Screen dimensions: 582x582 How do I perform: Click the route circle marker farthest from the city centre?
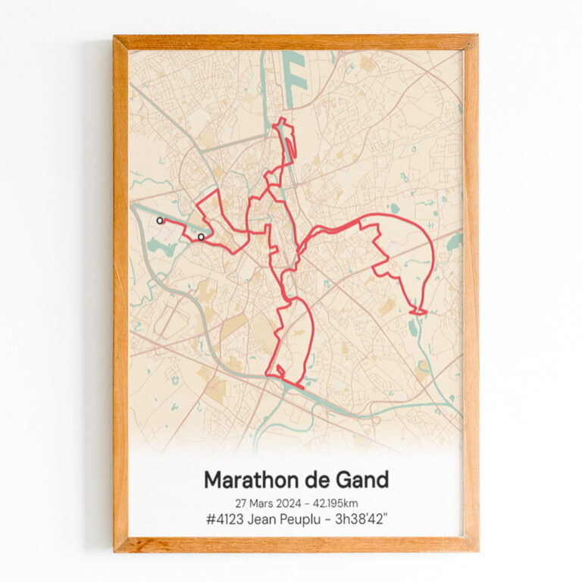160,221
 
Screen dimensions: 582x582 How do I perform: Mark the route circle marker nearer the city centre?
201,237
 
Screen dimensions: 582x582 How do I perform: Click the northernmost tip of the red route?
282,119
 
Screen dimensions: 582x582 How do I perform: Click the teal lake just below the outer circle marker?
161,246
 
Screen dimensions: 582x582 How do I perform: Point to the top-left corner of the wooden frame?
115,36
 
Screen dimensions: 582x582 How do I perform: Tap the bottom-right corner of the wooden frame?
477,549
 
